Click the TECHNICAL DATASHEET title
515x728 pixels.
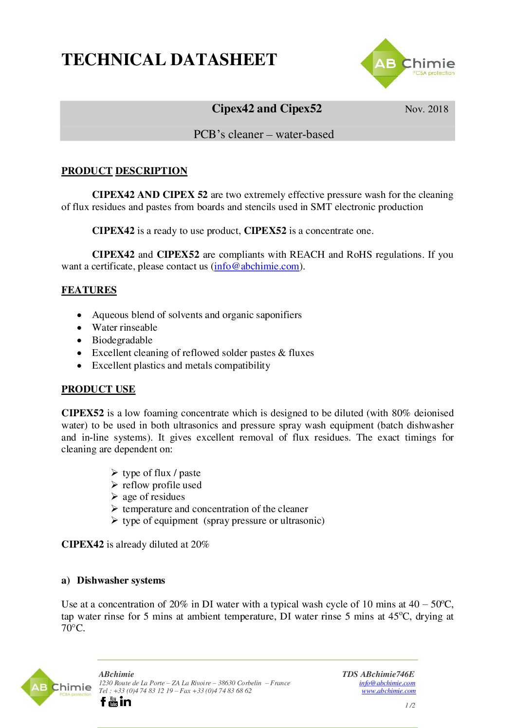[x=169, y=60]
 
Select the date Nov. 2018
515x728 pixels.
[x=426, y=109]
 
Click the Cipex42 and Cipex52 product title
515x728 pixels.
[x=267, y=108]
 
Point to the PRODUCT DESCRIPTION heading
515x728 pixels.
[x=124, y=171]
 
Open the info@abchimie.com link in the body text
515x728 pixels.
[x=257, y=266]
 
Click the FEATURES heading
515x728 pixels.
[x=89, y=290]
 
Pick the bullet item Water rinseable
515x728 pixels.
[x=125, y=327]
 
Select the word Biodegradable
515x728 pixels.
[x=122, y=340]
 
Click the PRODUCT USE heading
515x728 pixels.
[x=98, y=389]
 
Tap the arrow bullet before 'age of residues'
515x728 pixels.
[x=114, y=497]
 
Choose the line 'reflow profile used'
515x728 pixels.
[x=162, y=485]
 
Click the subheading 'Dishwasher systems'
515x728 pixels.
[x=121, y=580]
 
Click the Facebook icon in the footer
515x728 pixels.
[x=103, y=701]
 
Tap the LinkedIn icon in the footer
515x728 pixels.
[x=126, y=701]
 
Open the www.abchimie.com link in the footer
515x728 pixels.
[x=388, y=691]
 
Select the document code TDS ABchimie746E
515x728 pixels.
[x=378, y=674]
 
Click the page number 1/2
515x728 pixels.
[x=410, y=705]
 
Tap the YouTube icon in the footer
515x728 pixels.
[x=113, y=701]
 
